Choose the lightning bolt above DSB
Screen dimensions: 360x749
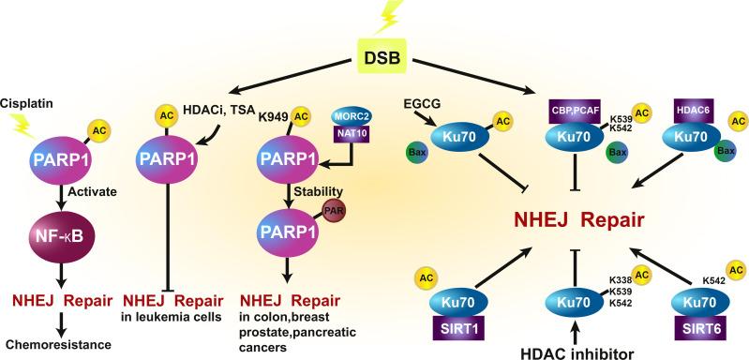(381, 13)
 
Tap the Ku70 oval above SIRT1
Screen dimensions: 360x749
(455, 302)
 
